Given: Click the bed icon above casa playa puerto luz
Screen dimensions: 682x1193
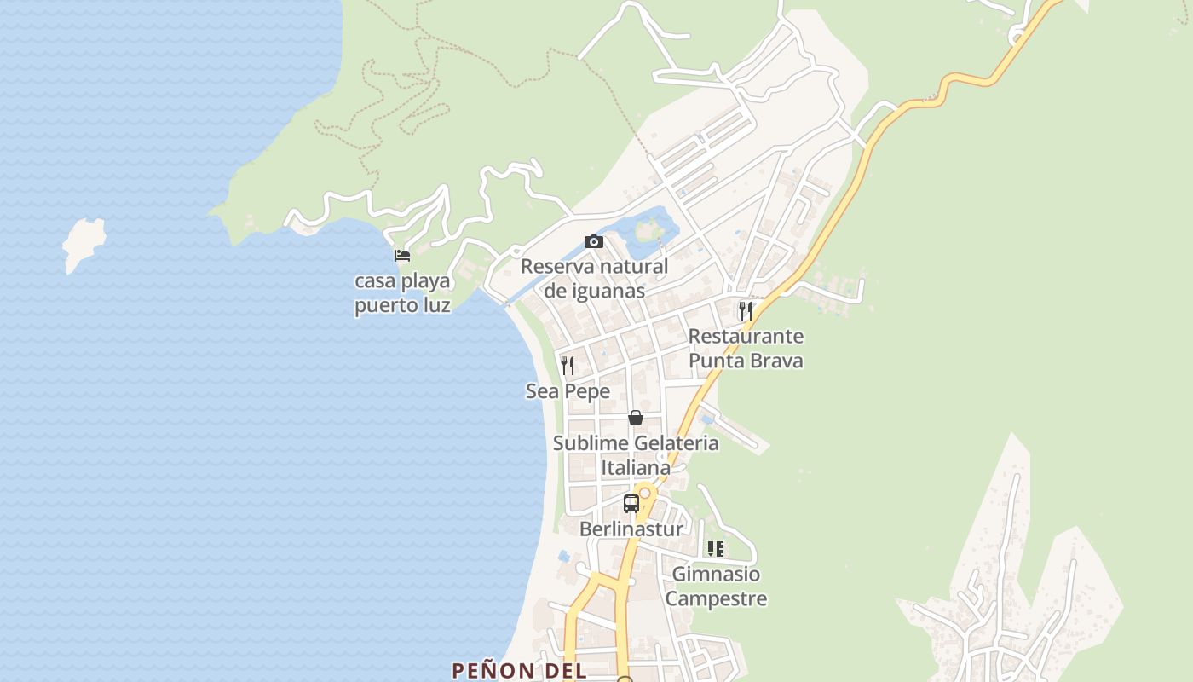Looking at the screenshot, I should [402, 255].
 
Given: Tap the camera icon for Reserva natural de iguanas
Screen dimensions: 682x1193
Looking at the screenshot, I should [594, 242].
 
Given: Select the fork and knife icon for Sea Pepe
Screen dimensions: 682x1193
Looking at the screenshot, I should [568, 366].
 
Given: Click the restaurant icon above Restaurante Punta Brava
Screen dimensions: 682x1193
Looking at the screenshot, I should [746, 310].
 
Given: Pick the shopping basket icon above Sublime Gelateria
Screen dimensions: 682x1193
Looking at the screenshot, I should [636, 418].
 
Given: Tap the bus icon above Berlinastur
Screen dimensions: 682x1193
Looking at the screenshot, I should [631, 503].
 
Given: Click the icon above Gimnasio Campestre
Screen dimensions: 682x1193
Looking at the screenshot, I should [716, 549].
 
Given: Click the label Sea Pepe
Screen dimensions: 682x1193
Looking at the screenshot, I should [568, 391].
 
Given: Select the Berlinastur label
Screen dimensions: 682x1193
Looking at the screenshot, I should [631, 529].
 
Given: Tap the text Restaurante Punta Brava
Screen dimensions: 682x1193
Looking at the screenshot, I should [746, 348].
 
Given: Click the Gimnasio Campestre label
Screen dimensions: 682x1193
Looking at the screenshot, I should [716, 587].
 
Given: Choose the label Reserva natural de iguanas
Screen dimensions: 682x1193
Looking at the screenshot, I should [594, 278].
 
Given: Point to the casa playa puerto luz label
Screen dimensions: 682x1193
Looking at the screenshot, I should [402, 292].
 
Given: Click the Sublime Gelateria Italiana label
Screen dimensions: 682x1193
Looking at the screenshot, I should [636, 455].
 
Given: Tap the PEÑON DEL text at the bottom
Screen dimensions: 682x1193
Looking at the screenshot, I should [519, 670].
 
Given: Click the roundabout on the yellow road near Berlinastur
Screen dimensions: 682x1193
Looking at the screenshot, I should [645, 493].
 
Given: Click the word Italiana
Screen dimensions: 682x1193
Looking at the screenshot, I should [636, 468].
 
